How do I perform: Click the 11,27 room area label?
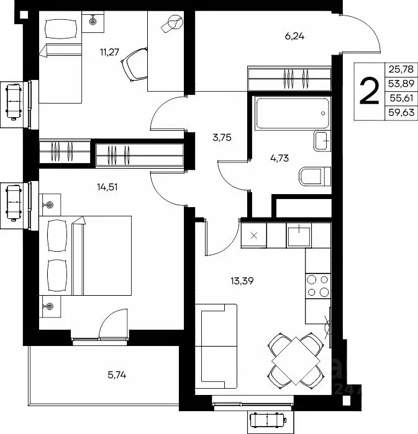[110, 52]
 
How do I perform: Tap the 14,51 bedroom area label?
[107, 187]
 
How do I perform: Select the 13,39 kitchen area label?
[242, 281]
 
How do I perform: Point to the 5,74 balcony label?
[117, 375]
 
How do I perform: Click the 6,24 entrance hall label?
[294, 36]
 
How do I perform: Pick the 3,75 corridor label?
[222, 137]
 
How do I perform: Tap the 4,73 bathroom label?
[279, 158]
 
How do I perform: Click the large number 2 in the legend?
[369, 91]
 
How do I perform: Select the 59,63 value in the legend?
[401, 113]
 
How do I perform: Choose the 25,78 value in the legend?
[401, 69]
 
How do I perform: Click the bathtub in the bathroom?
[293, 113]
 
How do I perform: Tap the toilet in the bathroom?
[315, 176]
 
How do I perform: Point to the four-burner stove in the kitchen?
[318, 286]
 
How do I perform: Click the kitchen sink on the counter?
[299, 236]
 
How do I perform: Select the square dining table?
[296, 360]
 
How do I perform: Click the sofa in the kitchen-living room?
[216, 346]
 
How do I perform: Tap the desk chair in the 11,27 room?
[135, 64]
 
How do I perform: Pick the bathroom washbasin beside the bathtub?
[322, 141]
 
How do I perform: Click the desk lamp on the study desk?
[173, 24]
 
